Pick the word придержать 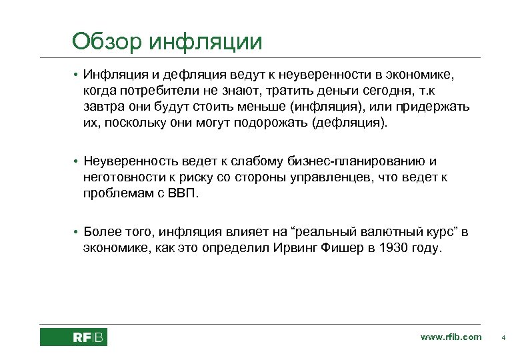point(434,107)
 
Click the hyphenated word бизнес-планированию point(357,161)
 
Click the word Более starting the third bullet point(102,232)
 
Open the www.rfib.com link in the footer point(451,337)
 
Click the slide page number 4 point(503,337)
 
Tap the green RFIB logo point(73,337)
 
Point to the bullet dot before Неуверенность point(77,161)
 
